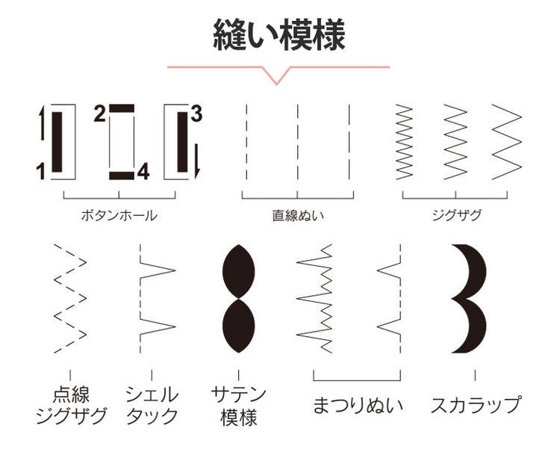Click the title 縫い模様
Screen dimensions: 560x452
pos(279,35)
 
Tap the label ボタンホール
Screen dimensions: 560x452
pos(119,215)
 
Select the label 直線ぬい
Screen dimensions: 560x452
pos(298,215)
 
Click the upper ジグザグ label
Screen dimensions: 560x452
pos(457,215)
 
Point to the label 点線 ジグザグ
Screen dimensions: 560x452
pos(72,405)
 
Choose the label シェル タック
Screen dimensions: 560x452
pos(152,405)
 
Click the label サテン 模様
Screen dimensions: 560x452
pos(239,406)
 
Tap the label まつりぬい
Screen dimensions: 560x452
pos(358,405)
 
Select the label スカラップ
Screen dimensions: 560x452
pos(476,405)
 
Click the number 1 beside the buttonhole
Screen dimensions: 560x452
pos(41,171)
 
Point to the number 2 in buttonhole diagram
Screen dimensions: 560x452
pos(99,114)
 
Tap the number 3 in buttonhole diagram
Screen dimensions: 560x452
pos(196,114)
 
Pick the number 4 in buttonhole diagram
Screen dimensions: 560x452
pos(143,172)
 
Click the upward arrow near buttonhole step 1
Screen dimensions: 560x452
pos(42,123)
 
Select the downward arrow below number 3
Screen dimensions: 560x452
pos(196,161)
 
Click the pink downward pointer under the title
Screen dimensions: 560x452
pos(277,75)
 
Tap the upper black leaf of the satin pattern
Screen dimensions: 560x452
pos(239,271)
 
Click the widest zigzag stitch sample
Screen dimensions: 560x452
pos(506,142)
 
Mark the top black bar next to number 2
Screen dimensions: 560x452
pos(122,108)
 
